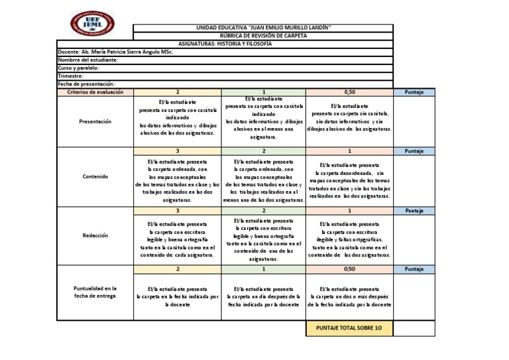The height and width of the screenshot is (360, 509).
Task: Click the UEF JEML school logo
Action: [92, 23]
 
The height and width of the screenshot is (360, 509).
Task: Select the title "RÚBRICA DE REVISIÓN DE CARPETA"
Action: [264, 36]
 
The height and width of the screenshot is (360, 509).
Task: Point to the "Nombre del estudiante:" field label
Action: [88, 60]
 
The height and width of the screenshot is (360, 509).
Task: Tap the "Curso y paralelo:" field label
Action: [79, 68]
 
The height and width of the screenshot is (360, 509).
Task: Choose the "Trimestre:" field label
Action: [70, 76]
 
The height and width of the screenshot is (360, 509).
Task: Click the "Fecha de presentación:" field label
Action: [87, 84]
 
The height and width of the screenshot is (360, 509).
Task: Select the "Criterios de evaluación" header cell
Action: [95, 92]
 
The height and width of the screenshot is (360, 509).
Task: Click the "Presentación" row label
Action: [95, 121]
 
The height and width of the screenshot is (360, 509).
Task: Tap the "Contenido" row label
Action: [95, 177]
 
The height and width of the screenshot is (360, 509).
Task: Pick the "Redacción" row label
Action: [95, 235]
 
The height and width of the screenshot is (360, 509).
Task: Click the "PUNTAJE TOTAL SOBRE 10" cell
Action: [349, 328]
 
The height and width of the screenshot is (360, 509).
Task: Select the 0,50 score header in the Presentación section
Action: [349, 92]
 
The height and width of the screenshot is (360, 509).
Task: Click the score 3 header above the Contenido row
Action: [177, 151]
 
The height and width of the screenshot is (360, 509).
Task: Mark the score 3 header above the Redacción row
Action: [177, 210]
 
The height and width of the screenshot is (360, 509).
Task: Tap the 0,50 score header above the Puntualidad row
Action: [349, 269]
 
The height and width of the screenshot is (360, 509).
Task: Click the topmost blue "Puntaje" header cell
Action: [414, 92]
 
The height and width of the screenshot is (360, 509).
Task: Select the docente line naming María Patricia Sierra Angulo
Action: [115, 52]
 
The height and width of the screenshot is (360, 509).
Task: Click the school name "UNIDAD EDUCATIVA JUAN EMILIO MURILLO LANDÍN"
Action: [264, 28]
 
